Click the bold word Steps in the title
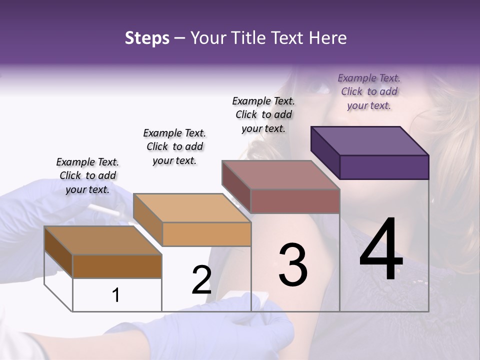[147, 38]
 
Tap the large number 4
[381, 250]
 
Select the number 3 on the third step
[293, 265]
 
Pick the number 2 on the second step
[201, 280]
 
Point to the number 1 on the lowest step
[115, 295]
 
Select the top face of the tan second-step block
[192, 207]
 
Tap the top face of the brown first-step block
[103, 240]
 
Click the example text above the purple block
[369, 91]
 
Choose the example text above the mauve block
[263, 114]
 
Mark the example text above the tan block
[174, 146]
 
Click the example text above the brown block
[87, 175]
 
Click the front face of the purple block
[384, 167]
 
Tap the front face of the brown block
[117, 266]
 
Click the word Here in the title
[328, 38]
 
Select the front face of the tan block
[206, 234]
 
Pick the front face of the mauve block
[295, 201]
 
